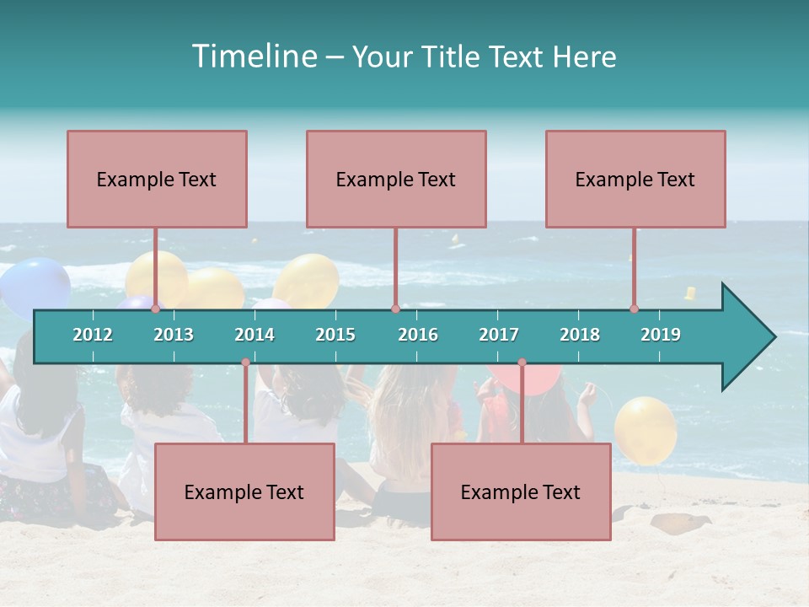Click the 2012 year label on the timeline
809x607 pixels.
point(93,335)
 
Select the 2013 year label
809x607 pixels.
point(174,335)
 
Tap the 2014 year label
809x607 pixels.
point(254,335)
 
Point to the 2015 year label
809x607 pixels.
point(335,335)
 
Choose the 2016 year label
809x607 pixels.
point(418,335)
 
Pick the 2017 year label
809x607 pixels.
point(499,335)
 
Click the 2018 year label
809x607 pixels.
point(580,335)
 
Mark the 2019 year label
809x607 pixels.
point(661,335)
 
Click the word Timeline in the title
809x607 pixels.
point(253,56)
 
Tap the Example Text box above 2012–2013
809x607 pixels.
point(157,179)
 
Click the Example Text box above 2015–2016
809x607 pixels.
point(396,179)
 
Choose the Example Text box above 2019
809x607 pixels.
point(635,179)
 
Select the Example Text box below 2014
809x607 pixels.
point(244,492)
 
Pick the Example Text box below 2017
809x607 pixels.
point(521,492)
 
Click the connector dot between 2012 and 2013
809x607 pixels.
point(155,309)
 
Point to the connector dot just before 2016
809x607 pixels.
point(395,309)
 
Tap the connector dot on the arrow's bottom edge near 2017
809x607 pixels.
point(522,363)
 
